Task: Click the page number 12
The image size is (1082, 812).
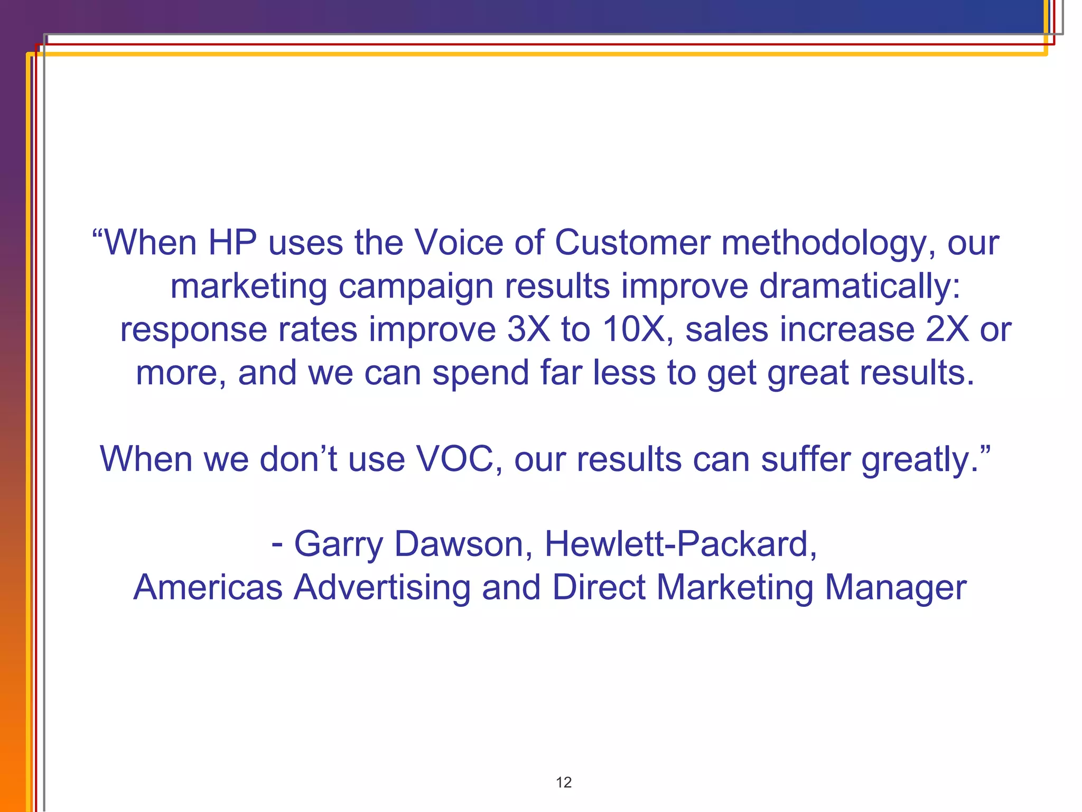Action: (564, 782)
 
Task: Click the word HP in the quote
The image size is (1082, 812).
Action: (232, 243)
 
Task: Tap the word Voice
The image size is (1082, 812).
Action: (458, 243)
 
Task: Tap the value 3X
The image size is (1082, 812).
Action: (528, 329)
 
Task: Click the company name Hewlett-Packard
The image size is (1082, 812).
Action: (680, 545)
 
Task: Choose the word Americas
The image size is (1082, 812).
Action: (208, 588)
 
